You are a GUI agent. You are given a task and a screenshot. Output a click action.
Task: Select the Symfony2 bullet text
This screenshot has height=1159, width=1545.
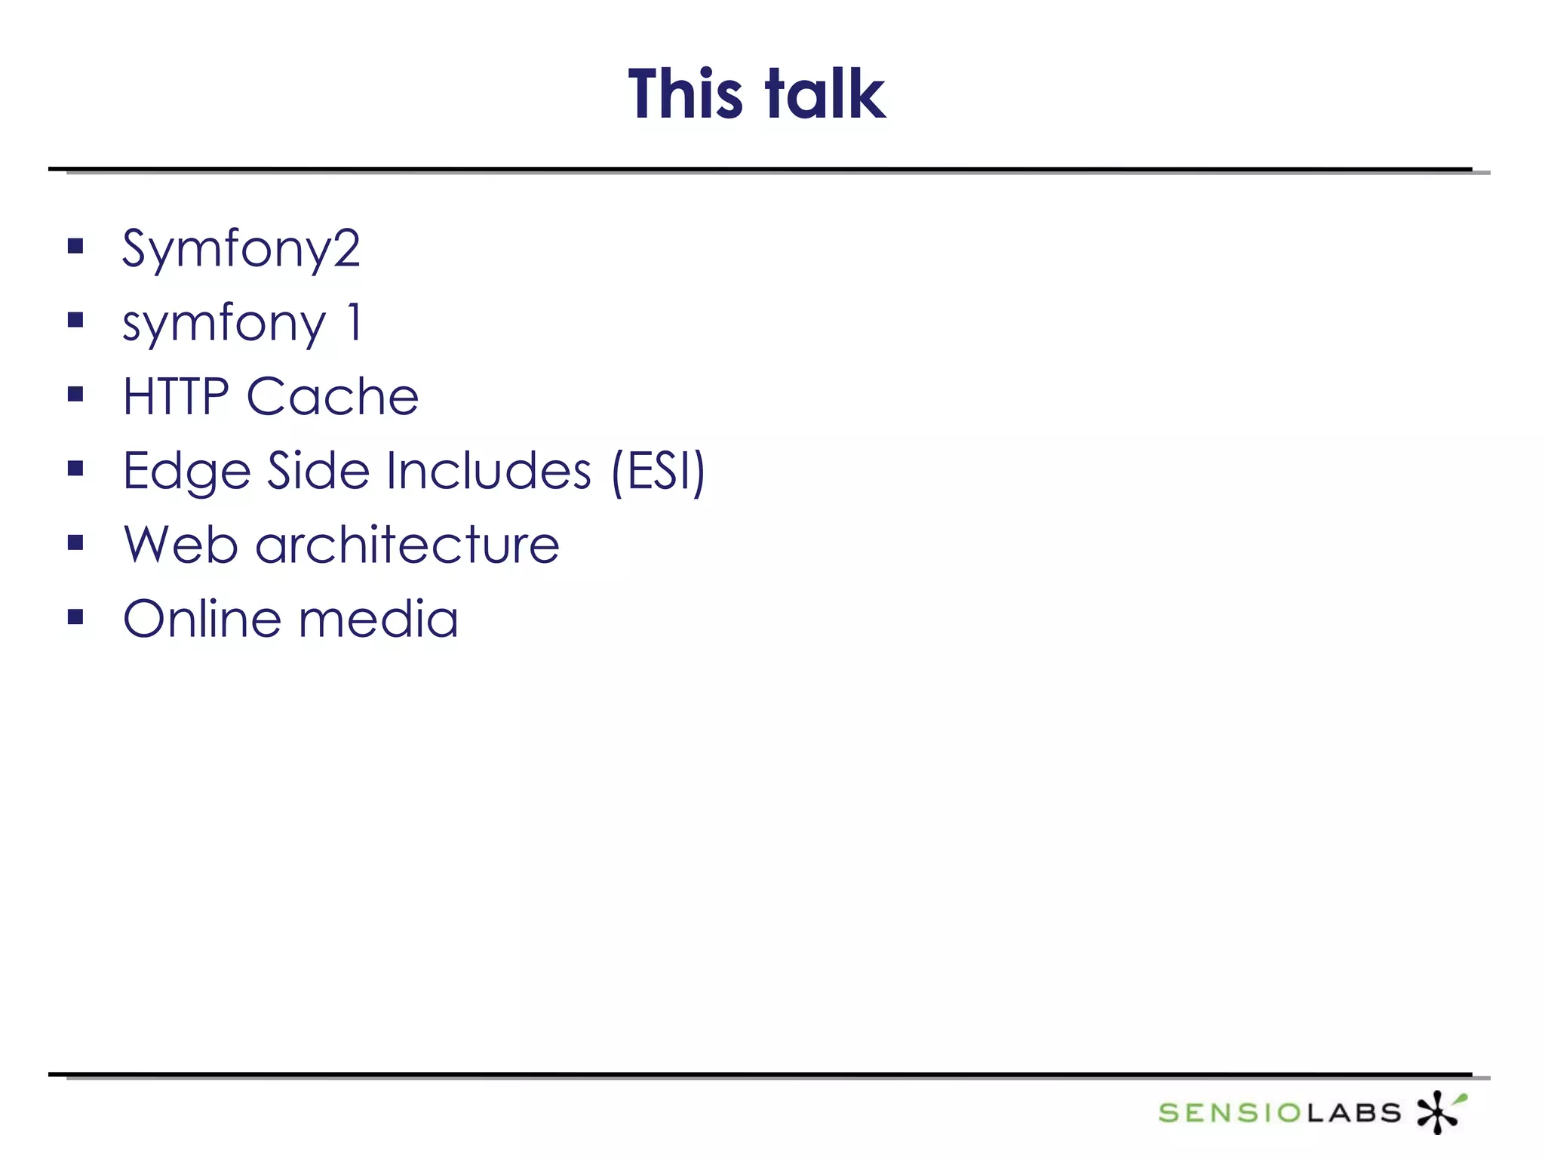pyautogui.click(x=241, y=249)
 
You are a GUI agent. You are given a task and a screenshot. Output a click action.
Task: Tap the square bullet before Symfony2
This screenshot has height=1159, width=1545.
pyautogui.click(x=75, y=246)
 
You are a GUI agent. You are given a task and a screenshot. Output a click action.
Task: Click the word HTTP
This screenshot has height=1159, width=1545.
pyautogui.click(x=176, y=396)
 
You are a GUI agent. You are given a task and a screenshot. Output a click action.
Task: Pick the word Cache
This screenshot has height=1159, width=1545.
pyautogui.click(x=332, y=396)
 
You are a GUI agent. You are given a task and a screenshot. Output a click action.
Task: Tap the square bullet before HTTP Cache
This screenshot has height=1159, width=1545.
pyautogui.click(x=75, y=394)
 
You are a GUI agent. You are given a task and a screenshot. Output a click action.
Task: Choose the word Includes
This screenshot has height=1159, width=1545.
pyautogui.click(x=488, y=470)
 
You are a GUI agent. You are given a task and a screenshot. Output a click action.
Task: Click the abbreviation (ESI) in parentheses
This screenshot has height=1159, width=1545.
pyautogui.click(x=658, y=472)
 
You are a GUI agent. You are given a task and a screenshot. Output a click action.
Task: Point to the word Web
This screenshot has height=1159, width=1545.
pyautogui.click(x=181, y=544)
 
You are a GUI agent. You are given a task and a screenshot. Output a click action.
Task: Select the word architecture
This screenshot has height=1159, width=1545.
pyautogui.click(x=407, y=544)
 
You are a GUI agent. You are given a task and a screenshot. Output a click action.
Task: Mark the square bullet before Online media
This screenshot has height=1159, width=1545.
pyautogui.click(x=75, y=617)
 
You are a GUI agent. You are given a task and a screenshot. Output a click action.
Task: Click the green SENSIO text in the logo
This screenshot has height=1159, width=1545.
pyautogui.click(x=1230, y=1113)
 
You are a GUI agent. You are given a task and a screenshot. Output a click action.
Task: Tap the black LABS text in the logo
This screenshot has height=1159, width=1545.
pyautogui.click(x=1353, y=1113)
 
